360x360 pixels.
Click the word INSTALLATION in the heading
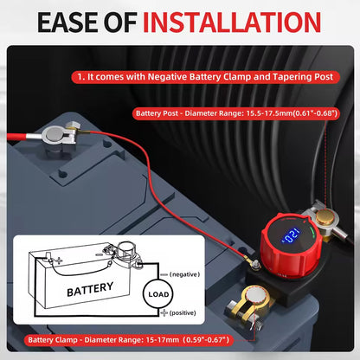(232, 22)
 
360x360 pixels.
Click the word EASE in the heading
(67, 22)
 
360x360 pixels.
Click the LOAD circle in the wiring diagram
(157, 294)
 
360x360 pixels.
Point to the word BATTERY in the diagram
(90, 289)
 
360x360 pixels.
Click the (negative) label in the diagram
(184, 274)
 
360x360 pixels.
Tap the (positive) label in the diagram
(183, 312)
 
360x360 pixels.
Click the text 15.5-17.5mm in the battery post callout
(269, 113)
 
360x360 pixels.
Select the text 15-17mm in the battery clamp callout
(163, 340)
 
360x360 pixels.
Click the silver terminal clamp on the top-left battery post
(59, 136)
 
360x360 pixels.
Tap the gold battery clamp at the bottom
(250, 305)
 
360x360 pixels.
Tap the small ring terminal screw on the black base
(255, 263)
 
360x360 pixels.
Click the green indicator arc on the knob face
(312, 232)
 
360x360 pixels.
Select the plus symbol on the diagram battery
(59, 261)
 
